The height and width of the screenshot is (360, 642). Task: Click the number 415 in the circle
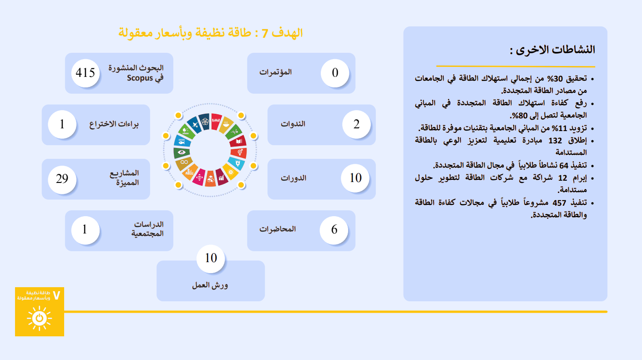[x=85, y=73]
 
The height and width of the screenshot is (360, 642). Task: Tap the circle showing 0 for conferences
[x=335, y=73]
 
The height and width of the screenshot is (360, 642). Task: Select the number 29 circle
[x=62, y=179]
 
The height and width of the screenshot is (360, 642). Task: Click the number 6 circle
[x=334, y=230]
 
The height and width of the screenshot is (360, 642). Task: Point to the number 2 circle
[x=356, y=124]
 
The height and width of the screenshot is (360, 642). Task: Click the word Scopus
[x=140, y=78]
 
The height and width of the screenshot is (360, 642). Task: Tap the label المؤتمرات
[x=275, y=72]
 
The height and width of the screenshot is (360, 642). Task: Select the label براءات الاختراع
[x=114, y=124]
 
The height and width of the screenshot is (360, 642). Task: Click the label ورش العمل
[x=210, y=285]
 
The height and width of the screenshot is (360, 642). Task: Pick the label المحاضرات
[x=278, y=229]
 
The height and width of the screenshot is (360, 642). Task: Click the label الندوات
[x=293, y=124]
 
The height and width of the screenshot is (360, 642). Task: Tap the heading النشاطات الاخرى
[x=552, y=50]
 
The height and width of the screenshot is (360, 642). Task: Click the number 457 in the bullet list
[x=559, y=203]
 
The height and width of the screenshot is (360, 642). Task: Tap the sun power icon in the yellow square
[x=40, y=318]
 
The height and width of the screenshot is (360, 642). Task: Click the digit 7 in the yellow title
[x=265, y=34]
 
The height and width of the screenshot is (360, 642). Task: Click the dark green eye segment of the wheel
[x=182, y=152]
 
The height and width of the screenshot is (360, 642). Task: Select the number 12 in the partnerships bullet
[x=563, y=178]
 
